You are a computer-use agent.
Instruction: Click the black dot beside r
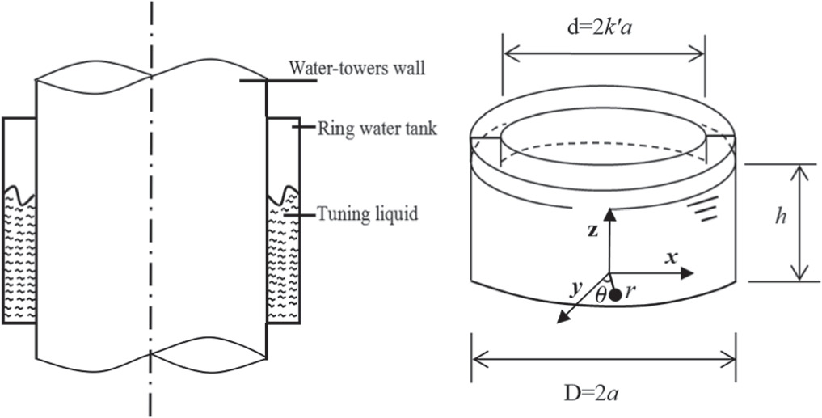(x=616, y=295)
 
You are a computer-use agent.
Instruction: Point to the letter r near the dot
(x=631, y=295)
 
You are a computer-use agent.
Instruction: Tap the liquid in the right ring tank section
(x=284, y=259)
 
